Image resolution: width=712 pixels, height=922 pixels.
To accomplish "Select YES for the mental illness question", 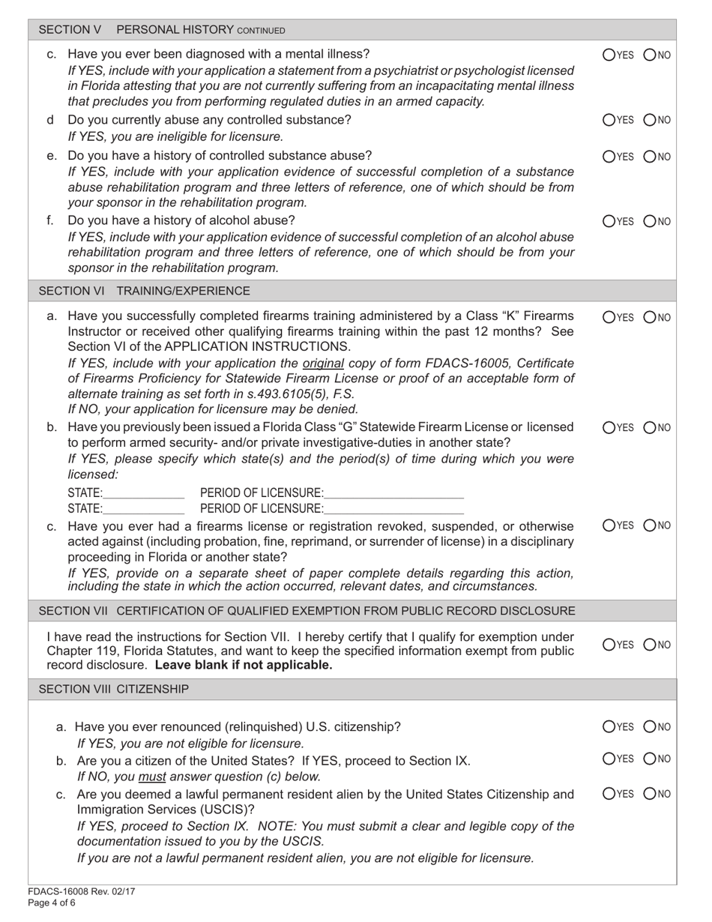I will pyautogui.click(x=608, y=55).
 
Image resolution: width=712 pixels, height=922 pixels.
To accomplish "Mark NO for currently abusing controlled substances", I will pyautogui.click(x=650, y=119).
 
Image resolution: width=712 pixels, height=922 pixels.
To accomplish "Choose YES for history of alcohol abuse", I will pyautogui.click(x=608, y=221).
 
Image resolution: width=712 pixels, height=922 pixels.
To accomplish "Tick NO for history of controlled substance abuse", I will pyautogui.click(x=650, y=157).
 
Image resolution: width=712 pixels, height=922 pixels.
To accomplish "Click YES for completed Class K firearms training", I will pyautogui.click(x=608, y=317).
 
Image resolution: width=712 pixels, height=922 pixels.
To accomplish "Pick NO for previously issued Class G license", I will pyautogui.click(x=650, y=428).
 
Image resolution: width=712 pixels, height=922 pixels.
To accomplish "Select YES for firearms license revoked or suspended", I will pyautogui.click(x=608, y=524).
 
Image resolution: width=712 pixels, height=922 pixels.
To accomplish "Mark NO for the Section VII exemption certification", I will pyautogui.click(x=650, y=644).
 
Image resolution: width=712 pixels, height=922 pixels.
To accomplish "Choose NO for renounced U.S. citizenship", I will pyautogui.click(x=650, y=726).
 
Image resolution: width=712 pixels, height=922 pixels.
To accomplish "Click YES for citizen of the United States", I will pyautogui.click(x=608, y=759).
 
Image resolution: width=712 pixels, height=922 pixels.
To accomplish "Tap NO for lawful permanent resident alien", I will pyautogui.click(x=650, y=794).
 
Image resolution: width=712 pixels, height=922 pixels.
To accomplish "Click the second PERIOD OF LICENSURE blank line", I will pyautogui.click(x=394, y=510).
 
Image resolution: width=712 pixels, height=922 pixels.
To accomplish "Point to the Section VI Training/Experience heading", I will pyautogui.click(x=145, y=290).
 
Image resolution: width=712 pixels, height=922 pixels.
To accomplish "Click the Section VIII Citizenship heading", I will pyautogui.click(x=114, y=689).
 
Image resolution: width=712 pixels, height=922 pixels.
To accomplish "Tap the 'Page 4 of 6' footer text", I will pyautogui.click(x=52, y=903).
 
